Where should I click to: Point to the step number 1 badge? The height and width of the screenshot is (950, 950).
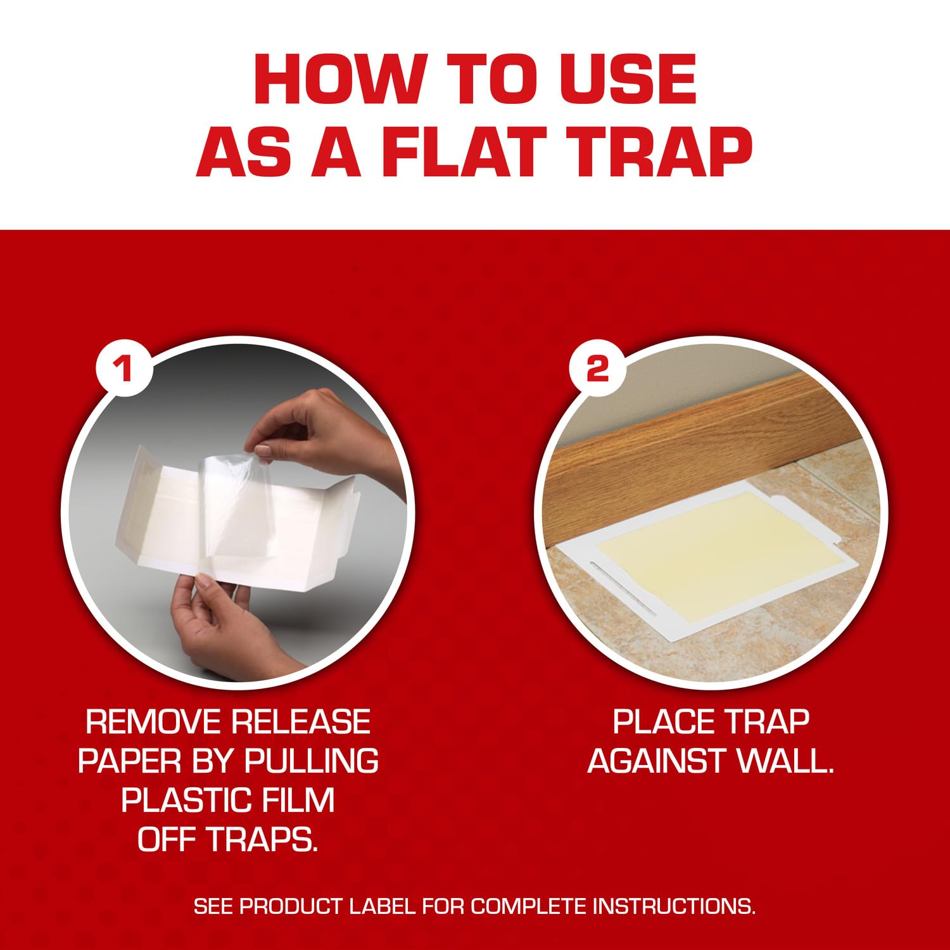pos(124,367)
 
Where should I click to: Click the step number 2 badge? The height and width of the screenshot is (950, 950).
pos(597,367)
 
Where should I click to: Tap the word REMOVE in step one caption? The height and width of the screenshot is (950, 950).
pos(153,722)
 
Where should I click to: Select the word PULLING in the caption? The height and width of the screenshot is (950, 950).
pos(311,761)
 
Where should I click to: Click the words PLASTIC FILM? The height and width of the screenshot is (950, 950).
pos(228,800)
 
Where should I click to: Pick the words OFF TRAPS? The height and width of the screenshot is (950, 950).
pos(228,839)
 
